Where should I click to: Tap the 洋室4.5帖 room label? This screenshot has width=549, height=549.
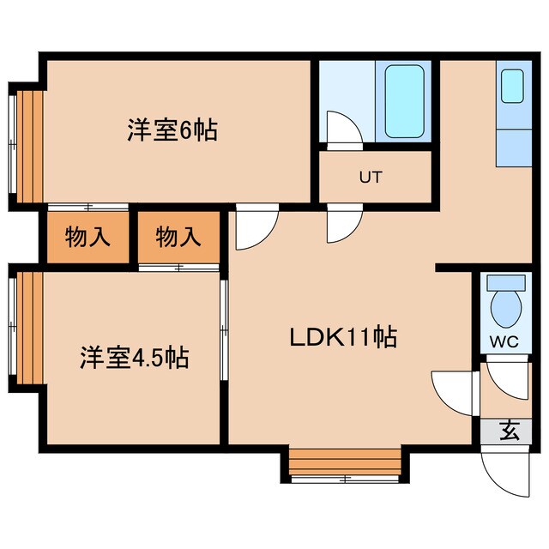click(135, 356)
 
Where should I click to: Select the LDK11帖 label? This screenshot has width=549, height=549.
click(341, 337)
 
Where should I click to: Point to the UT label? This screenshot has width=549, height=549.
click(370, 178)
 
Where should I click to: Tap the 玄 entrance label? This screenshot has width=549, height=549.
click(510, 431)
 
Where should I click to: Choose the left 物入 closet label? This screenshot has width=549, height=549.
click(88, 238)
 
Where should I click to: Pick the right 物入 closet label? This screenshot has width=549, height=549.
click(178, 238)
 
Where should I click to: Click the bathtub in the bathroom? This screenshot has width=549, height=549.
click(404, 101)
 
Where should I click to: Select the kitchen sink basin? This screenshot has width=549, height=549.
click(512, 86)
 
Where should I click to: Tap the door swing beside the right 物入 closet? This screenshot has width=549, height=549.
click(254, 228)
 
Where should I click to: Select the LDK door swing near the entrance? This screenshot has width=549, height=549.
click(452, 390)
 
